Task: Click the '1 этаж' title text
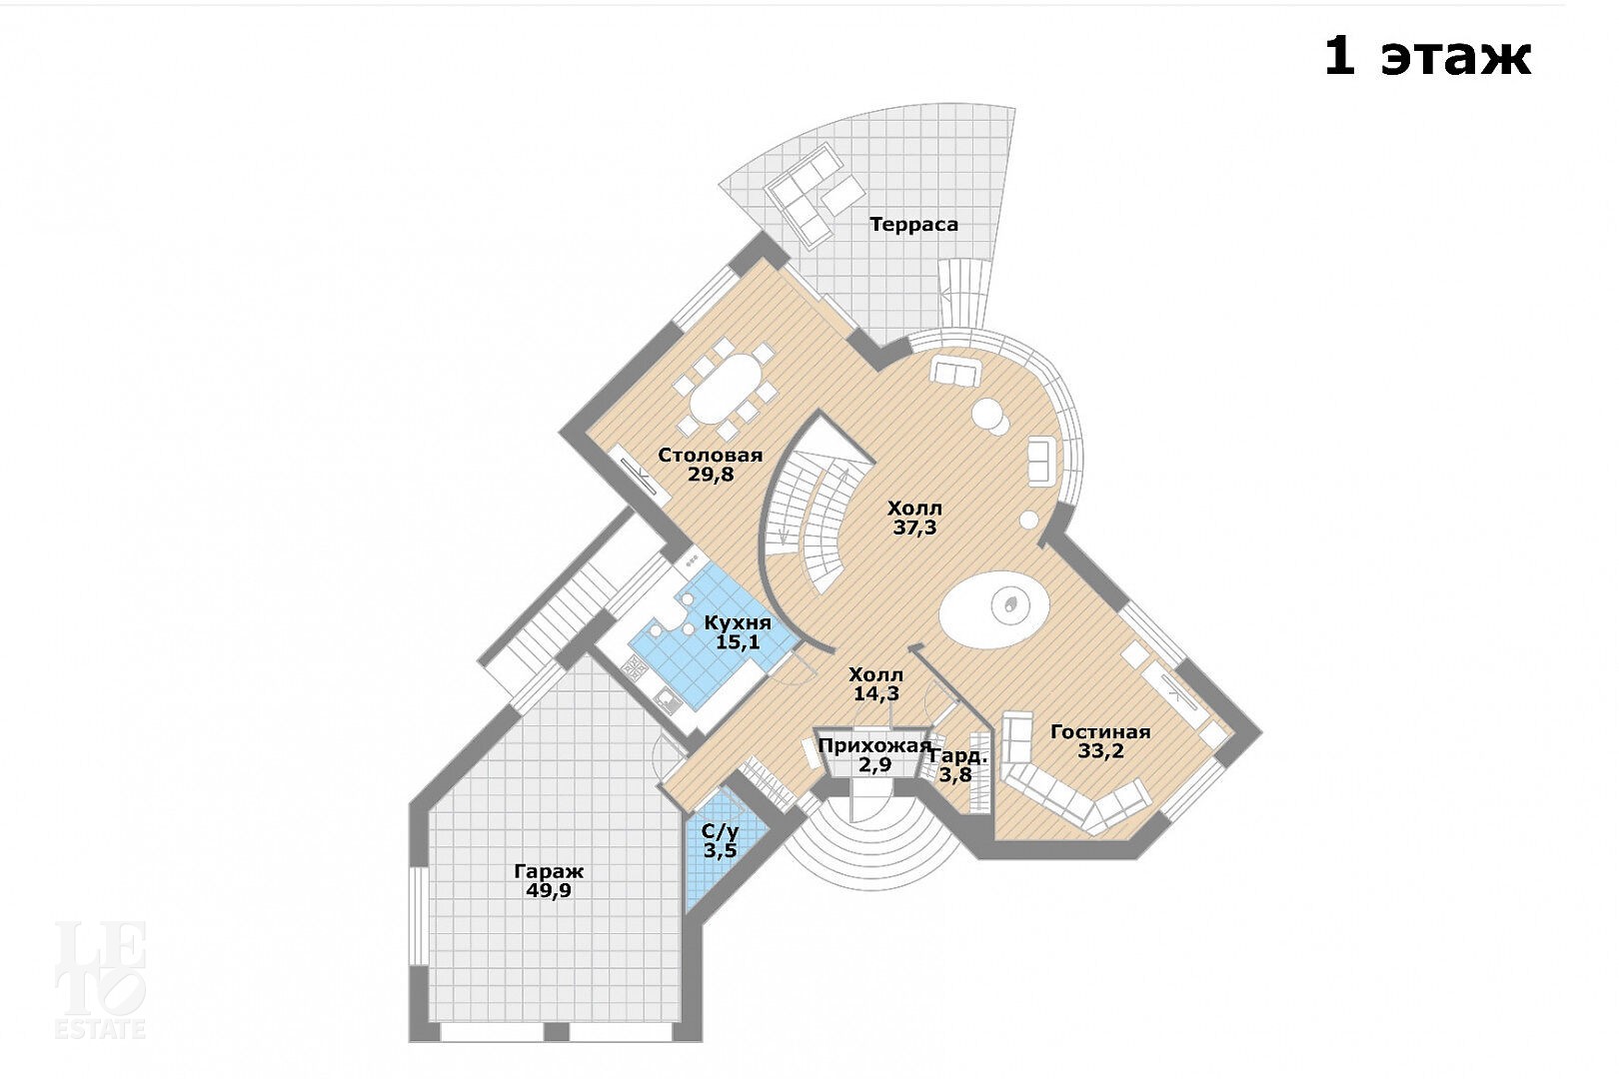pyautogui.click(x=1427, y=57)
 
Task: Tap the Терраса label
pyautogui.click(x=913, y=224)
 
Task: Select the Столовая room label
pyautogui.click(x=710, y=456)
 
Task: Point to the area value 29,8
pyautogui.click(x=711, y=475)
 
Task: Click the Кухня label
pyautogui.click(x=738, y=622)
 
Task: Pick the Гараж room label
pyautogui.click(x=549, y=871)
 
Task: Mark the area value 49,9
pyautogui.click(x=549, y=890)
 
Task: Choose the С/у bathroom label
pyautogui.click(x=720, y=831)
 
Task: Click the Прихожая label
pyautogui.click(x=873, y=745)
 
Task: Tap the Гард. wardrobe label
pyautogui.click(x=959, y=756)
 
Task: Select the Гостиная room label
pyautogui.click(x=1100, y=732)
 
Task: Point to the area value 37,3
pyautogui.click(x=914, y=528)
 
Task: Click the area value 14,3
pyautogui.click(x=875, y=693)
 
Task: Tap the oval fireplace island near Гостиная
pyautogui.click(x=995, y=605)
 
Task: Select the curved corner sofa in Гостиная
pyautogui.click(x=1069, y=789)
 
